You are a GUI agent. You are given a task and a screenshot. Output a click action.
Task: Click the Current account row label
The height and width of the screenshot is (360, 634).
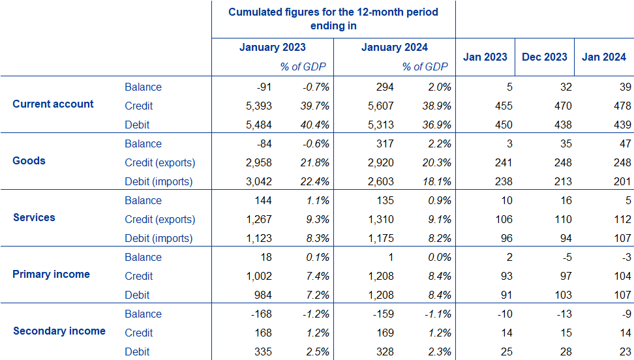click(x=53, y=104)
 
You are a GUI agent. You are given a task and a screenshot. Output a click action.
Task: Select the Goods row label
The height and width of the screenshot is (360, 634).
click(x=29, y=161)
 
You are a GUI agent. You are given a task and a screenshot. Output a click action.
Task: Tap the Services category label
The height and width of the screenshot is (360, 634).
click(x=34, y=218)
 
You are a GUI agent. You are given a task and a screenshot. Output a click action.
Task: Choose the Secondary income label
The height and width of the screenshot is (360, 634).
click(x=59, y=331)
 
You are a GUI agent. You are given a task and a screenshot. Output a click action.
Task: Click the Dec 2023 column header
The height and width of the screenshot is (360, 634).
click(x=544, y=57)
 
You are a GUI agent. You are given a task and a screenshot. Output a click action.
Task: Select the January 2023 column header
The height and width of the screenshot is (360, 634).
click(x=272, y=48)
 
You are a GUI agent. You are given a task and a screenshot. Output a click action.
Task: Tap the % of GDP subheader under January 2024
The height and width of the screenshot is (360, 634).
click(x=425, y=67)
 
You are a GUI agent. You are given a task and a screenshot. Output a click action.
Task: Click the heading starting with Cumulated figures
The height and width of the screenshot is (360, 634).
click(x=333, y=19)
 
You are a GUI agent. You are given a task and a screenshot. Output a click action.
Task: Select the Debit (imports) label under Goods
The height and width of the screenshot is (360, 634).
click(x=159, y=182)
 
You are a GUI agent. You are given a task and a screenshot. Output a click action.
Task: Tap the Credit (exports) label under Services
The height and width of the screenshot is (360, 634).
click(x=160, y=220)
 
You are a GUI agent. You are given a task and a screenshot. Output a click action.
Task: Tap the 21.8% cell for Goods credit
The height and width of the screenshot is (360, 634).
click(x=314, y=163)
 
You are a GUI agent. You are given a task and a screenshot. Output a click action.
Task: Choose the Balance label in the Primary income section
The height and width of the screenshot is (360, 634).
click(x=143, y=258)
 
